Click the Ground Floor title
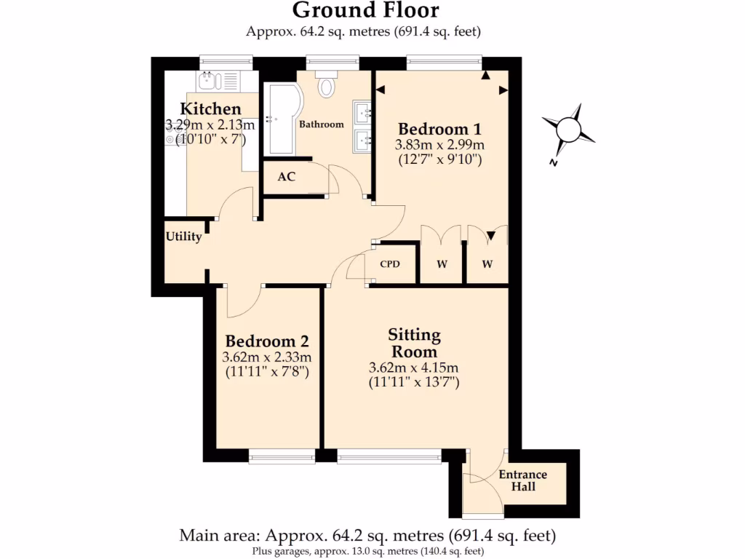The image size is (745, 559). [366, 10]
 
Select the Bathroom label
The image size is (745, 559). [322, 124]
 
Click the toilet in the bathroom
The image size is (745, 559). [325, 85]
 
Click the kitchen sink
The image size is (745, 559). [207, 79]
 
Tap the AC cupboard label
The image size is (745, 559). [287, 177]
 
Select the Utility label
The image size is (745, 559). [183, 237]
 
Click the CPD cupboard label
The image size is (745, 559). [391, 264]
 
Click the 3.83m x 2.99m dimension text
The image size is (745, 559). [439, 145]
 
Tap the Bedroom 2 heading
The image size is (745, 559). [267, 341]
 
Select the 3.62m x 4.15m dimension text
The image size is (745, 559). [414, 368]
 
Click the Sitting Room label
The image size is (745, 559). [414, 343]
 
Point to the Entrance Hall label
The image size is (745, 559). [522, 480]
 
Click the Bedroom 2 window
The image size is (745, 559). [282, 457]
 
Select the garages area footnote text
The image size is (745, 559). [367, 551]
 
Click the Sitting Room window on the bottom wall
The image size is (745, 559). [389, 457]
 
